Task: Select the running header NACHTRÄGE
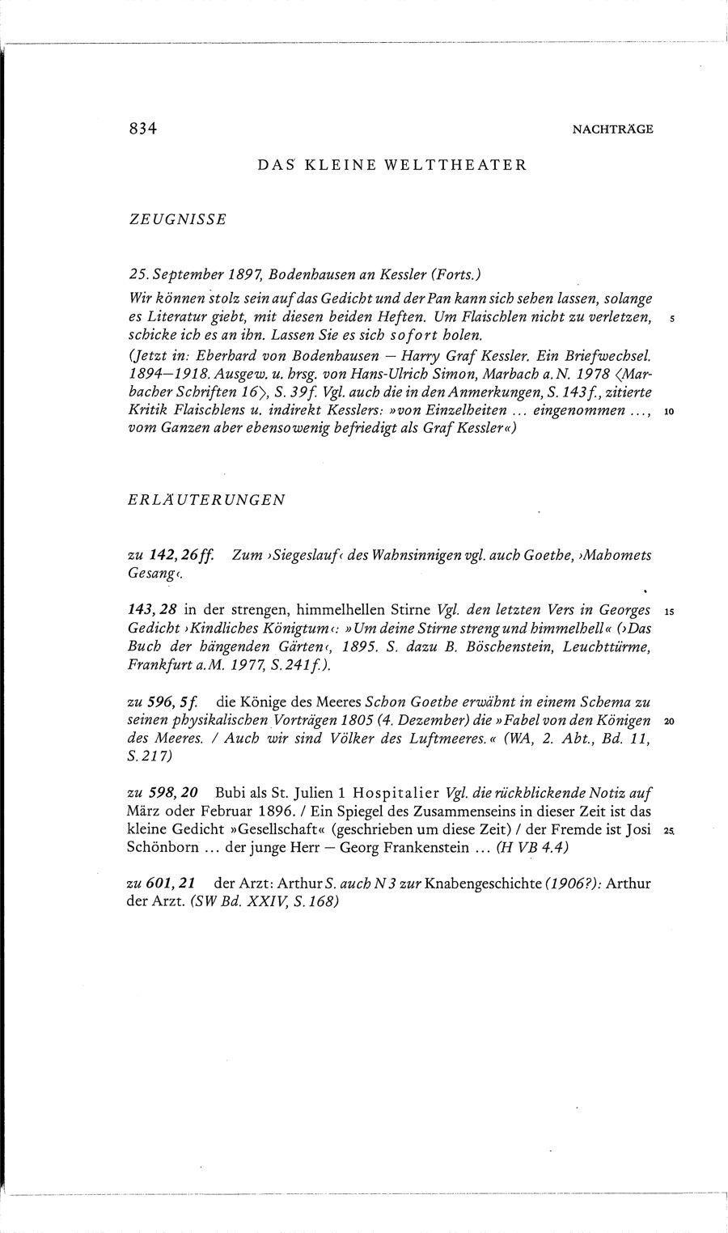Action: tap(612, 129)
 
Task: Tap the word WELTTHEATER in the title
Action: tap(468, 165)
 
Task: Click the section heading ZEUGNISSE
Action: tap(176, 220)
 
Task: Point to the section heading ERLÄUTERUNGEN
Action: tap(206, 499)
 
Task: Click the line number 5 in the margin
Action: tap(671, 319)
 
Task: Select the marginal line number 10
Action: tap(669, 412)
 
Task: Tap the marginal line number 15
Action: tap(668, 611)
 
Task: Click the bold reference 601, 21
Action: tap(172, 886)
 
